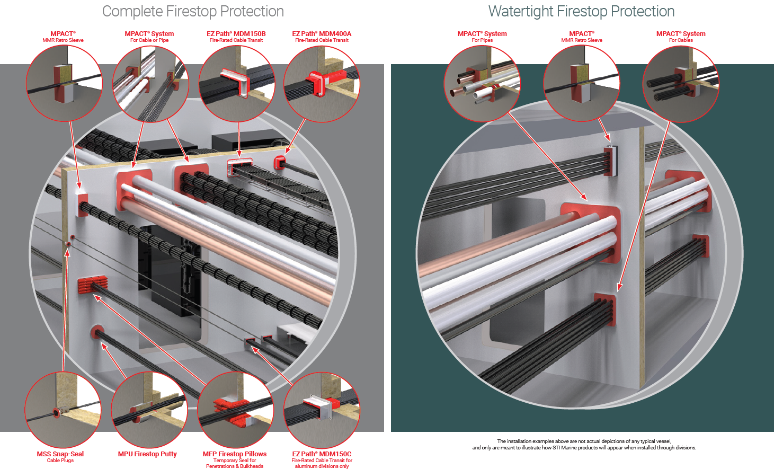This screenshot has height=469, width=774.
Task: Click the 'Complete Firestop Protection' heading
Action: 193,11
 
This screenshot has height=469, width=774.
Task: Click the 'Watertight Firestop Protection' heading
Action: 581,11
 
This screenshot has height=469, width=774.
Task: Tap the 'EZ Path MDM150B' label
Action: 236,33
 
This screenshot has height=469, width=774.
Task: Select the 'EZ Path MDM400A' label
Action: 322,33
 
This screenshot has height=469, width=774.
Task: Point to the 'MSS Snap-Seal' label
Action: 60,454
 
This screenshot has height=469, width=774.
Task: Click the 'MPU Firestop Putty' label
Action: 147,454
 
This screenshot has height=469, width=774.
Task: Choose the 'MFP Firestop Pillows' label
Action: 235,454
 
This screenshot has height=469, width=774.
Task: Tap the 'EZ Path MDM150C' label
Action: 322,454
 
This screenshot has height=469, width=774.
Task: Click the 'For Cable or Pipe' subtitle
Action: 149,40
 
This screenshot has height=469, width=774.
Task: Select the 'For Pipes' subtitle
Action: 482,40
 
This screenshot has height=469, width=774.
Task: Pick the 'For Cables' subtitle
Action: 681,40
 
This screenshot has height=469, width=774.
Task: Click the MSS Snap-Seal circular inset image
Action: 63,410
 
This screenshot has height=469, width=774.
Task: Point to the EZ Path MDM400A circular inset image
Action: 322,84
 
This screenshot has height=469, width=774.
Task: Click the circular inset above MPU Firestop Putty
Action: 149,410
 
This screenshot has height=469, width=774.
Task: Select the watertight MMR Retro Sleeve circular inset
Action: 582,84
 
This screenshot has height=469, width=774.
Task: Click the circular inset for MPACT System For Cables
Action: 681,84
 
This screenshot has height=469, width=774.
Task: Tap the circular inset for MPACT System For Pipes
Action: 482,84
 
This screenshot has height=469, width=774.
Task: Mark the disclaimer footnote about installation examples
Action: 584,444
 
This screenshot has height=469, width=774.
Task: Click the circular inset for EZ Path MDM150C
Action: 322,410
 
